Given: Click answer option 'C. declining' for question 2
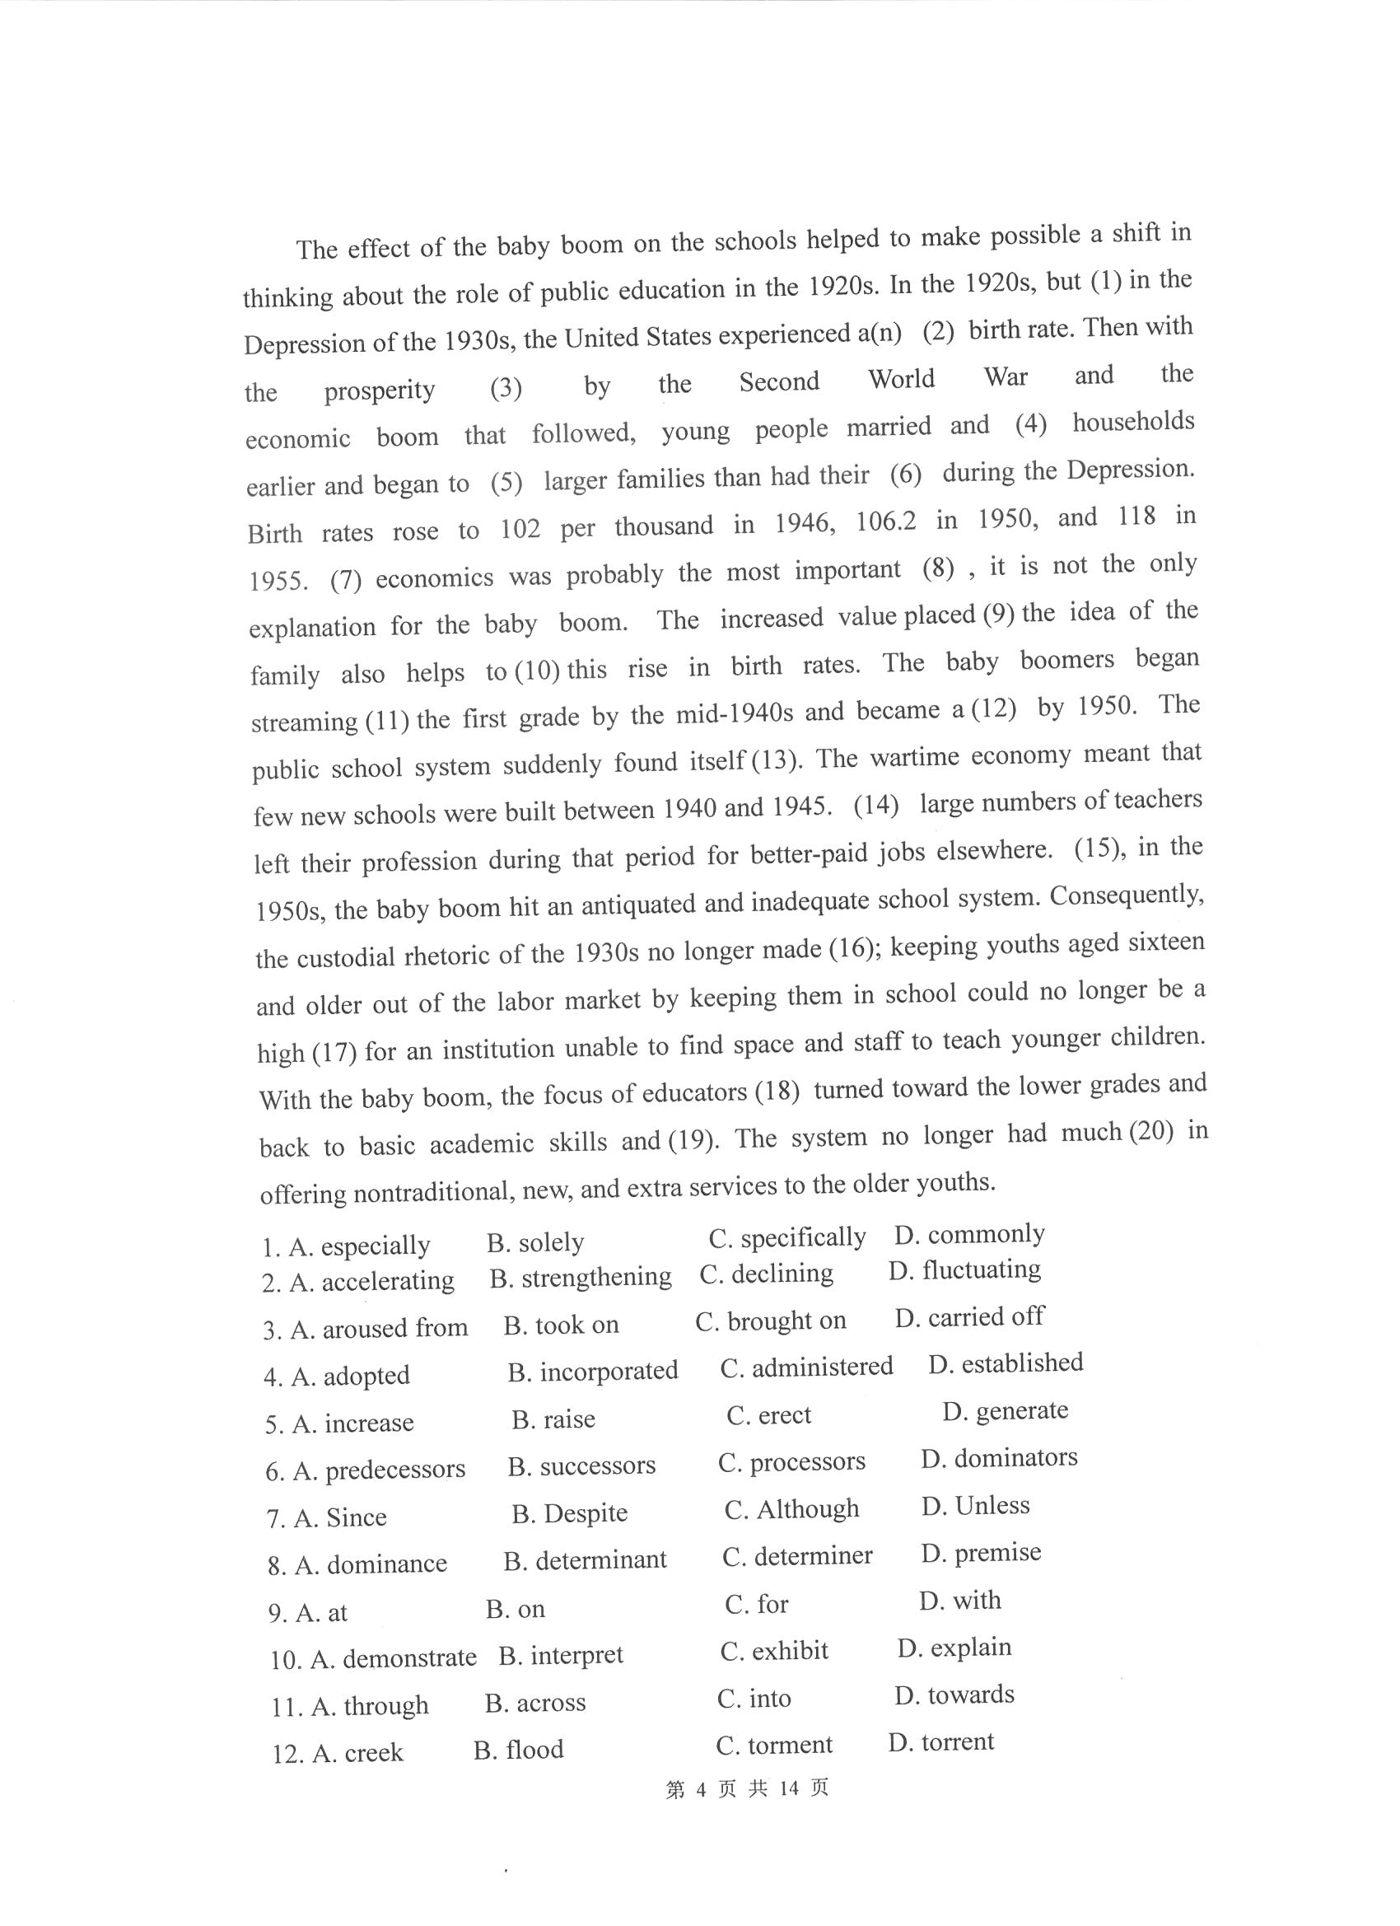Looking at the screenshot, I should (x=766, y=1274).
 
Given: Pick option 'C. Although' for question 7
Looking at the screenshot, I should (x=791, y=1509).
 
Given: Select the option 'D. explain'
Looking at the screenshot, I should (x=954, y=1648).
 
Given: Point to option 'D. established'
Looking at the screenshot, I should (x=1006, y=1364).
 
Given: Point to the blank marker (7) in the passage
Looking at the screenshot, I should (x=346, y=580).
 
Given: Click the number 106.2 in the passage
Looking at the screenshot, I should (x=885, y=521).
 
